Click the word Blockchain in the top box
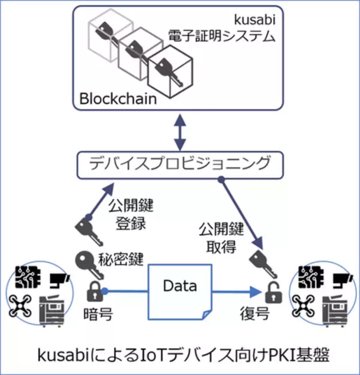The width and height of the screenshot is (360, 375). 118,97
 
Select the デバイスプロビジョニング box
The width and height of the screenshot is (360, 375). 179,163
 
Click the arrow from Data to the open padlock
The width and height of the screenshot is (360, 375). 237,293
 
